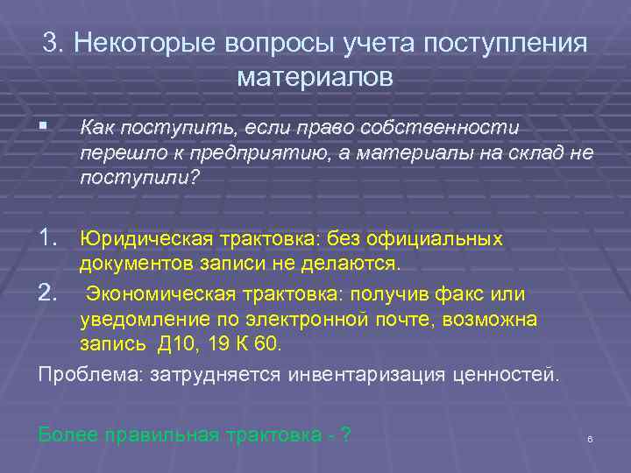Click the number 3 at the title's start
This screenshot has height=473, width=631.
click(51, 44)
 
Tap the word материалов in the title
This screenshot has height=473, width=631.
click(315, 77)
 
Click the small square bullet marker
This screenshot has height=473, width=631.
click(43, 129)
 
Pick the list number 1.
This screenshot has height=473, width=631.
click(50, 237)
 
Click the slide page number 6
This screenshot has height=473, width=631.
click(590, 439)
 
